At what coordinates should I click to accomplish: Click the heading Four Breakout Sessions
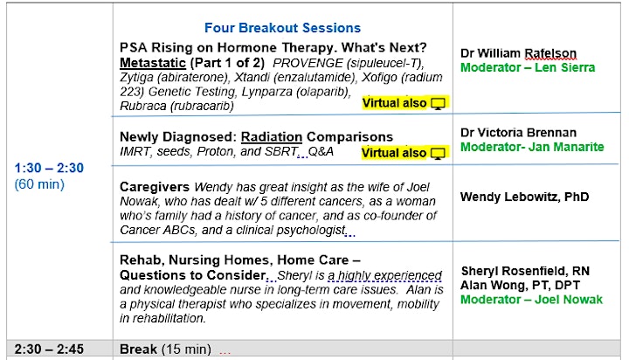pos(282,28)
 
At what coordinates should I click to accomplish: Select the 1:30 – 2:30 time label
pos(49,168)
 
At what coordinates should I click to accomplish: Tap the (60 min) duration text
pos(39,184)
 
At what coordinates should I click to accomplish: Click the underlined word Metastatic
pos(153,63)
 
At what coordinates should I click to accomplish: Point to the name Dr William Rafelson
pos(518,53)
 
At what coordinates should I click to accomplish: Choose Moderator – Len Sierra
pos(528,67)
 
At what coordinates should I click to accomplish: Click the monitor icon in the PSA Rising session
pos(438,104)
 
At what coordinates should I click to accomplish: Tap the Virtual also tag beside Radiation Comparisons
pos(394,153)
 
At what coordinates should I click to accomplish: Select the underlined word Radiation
pos(272,137)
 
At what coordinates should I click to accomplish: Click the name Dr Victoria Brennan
pos(518,133)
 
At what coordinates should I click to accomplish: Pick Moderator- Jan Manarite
pos(532,147)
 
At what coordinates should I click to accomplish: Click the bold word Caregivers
pos(155,187)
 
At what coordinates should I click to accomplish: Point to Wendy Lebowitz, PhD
pos(525,197)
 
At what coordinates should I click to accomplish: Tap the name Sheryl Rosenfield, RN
pos(526,271)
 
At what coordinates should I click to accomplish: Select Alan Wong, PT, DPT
pos(521,286)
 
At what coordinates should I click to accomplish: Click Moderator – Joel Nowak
pos(531,300)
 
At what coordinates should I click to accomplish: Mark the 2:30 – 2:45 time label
pos(49,350)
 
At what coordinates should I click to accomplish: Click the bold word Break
pos(138,350)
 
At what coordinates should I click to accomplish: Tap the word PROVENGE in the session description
pos(308,63)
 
